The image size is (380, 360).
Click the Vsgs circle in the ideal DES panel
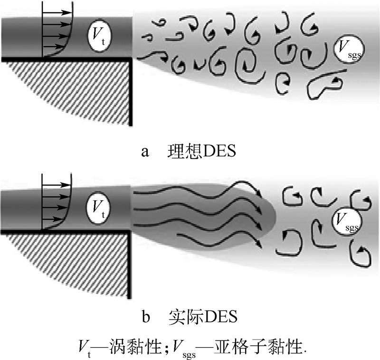click(347, 49)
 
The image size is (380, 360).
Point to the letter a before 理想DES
click(145, 153)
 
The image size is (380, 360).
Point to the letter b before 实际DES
click(145, 316)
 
